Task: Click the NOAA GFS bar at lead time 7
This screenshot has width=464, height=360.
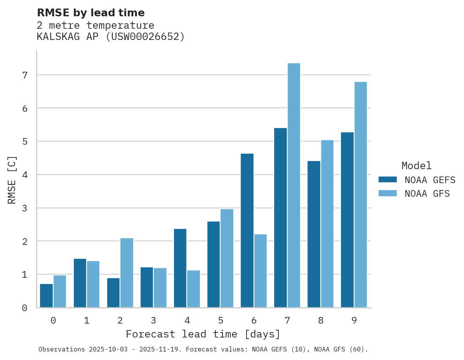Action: point(294,185)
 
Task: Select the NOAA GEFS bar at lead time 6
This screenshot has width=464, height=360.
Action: point(247,230)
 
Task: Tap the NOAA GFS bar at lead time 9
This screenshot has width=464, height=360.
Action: point(361,195)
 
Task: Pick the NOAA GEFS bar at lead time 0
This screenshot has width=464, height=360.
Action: point(47,296)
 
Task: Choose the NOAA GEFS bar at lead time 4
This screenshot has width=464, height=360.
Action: point(180,268)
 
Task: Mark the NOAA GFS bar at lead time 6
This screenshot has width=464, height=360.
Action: point(261,271)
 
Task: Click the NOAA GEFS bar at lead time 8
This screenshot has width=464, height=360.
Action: point(314,234)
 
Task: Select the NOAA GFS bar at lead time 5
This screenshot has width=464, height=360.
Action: point(227,258)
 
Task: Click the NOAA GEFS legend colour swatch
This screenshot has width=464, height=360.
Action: point(388,180)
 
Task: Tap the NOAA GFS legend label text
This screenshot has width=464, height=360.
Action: point(427,194)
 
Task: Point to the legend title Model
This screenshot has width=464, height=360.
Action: point(416,166)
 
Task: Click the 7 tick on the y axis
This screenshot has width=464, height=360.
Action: point(24,75)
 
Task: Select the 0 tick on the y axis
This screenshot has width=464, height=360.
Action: point(24,308)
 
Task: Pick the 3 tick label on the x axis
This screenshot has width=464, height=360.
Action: point(153,320)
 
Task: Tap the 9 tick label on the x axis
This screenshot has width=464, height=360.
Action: point(354,320)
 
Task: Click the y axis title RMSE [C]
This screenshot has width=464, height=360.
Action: point(12,180)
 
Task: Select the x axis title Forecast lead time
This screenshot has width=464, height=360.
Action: point(203,334)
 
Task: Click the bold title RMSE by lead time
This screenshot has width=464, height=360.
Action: point(90,13)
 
